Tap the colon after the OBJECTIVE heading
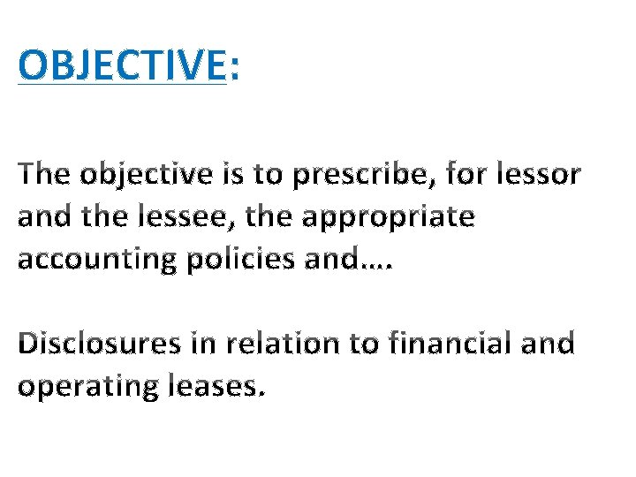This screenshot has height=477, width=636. tap(233, 66)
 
